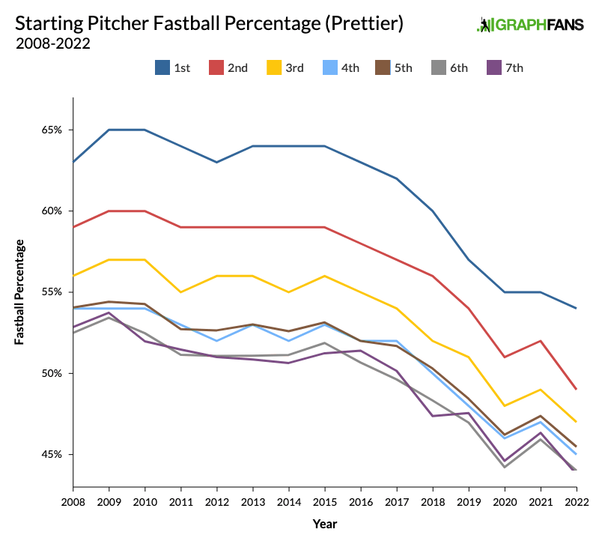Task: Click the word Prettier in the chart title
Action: click(366, 22)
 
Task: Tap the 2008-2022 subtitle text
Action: click(52, 43)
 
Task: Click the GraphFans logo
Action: click(529, 24)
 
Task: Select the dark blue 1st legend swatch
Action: click(162, 67)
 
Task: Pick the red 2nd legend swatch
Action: click(217, 67)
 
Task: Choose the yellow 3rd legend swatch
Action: click(273, 67)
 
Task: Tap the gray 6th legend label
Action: click(458, 67)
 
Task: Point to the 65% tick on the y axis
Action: click(52, 130)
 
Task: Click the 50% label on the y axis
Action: click(52, 373)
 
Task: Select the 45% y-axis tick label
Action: click(52, 455)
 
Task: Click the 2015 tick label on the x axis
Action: click(324, 501)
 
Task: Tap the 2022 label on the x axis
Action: click(575, 501)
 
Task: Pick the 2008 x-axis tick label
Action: click(73, 501)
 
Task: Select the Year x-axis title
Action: click(324, 524)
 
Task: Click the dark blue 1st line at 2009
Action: click(109, 130)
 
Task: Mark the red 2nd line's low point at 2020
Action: click(504, 357)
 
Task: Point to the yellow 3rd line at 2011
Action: click(181, 292)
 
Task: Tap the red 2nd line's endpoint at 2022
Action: click(575, 389)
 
